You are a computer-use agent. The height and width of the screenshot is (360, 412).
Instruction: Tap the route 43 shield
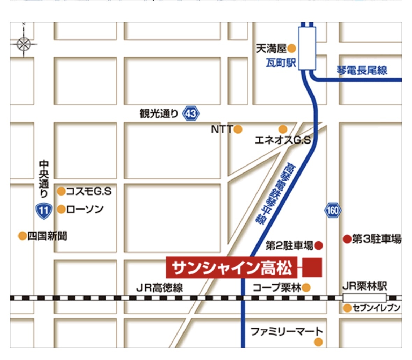[x=191, y=114]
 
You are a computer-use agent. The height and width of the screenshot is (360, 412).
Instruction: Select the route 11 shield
[x=44, y=210]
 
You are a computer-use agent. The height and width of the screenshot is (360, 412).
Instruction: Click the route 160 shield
[x=332, y=210]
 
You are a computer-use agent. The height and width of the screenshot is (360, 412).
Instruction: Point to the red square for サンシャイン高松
[x=312, y=267]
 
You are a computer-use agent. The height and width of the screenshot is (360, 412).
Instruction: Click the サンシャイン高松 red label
[x=232, y=268]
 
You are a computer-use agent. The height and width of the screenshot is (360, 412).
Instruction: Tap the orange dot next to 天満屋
[x=291, y=49]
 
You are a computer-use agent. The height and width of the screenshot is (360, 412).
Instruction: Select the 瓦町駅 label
[x=281, y=63]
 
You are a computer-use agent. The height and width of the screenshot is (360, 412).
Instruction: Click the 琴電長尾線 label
[x=362, y=70]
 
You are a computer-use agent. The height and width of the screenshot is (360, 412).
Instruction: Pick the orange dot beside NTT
[x=238, y=130]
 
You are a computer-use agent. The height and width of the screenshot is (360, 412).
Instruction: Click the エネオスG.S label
[x=282, y=140]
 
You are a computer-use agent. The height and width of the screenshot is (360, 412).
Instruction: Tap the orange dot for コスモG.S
[x=61, y=191]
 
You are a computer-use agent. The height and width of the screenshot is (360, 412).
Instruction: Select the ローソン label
[x=85, y=209]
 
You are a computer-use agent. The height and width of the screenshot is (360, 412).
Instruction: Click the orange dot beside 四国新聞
[x=22, y=236]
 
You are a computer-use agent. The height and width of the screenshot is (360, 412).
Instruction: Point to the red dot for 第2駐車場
[x=318, y=245]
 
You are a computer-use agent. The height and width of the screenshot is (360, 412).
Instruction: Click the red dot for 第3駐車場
[x=347, y=239]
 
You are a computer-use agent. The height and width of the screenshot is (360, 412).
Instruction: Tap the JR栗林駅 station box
[x=364, y=298]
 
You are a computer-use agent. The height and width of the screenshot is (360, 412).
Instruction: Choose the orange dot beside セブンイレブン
[x=347, y=308]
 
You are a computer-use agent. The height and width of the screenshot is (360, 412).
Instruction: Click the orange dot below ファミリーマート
[x=318, y=342]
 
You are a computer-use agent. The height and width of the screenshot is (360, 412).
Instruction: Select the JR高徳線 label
[x=159, y=288]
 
